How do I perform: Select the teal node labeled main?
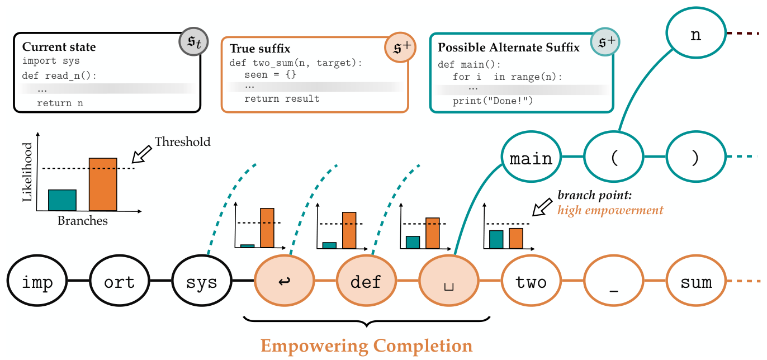(531, 158)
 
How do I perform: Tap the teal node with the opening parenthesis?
(614, 158)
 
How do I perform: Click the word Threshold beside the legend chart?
(182, 142)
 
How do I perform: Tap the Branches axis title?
(83, 221)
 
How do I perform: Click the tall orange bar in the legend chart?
(103, 184)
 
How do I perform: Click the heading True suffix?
(260, 49)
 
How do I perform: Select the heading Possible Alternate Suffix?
(508, 47)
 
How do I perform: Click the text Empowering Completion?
(367, 345)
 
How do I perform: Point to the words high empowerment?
(610, 211)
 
